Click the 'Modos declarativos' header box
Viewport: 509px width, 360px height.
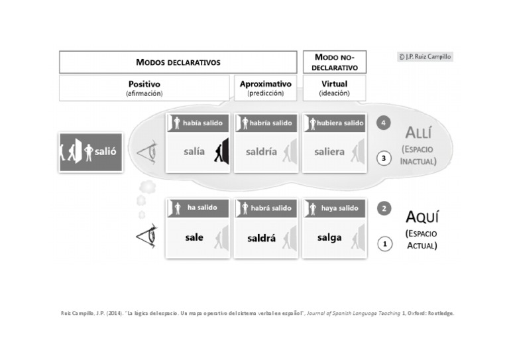click(x=178, y=62)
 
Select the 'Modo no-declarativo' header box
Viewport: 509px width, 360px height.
click(x=331, y=62)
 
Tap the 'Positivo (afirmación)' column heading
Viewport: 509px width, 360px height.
click(x=144, y=88)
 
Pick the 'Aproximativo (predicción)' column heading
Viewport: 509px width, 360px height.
click(x=265, y=88)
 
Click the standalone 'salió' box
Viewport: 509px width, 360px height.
click(x=91, y=152)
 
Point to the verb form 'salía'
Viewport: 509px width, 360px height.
click(x=194, y=152)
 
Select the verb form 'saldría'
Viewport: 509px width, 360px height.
click(x=261, y=152)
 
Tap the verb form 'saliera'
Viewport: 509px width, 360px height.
click(x=329, y=152)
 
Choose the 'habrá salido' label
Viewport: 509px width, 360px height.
click(x=270, y=208)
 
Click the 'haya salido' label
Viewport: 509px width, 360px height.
click(x=338, y=208)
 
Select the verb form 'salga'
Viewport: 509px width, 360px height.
click(x=329, y=237)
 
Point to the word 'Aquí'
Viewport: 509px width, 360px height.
click(x=422, y=217)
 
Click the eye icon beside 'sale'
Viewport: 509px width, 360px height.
click(x=147, y=237)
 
